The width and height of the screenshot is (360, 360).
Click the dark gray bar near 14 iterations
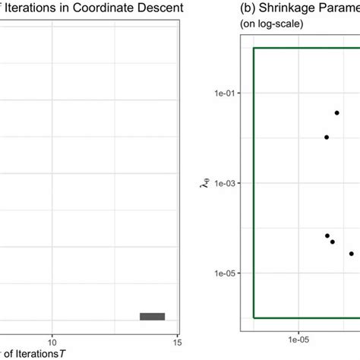pyautogui.click(x=152, y=317)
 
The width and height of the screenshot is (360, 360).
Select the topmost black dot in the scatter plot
pyautogui.click(x=336, y=112)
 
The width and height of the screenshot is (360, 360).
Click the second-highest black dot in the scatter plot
pyautogui.click(x=327, y=137)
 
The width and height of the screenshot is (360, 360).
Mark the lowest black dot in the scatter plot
pyautogui.click(x=351, y=254)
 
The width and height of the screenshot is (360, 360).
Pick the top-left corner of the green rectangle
pyautogui.click(x=254, y=49)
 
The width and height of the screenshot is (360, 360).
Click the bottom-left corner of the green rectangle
pyautogui.click(x=254, y=317)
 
